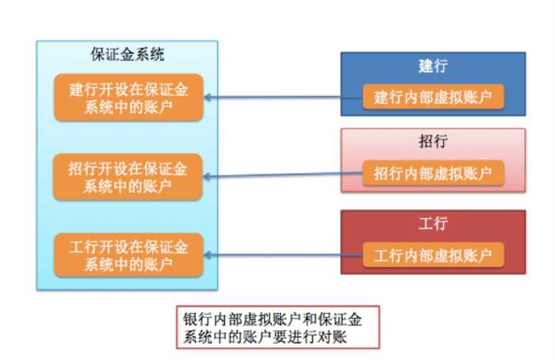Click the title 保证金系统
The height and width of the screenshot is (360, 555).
[128, 56]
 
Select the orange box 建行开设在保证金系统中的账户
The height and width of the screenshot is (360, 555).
[128, 98]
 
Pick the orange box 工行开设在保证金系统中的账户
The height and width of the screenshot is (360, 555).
[128, 255]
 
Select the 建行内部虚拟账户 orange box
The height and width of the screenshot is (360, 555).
[434, 98]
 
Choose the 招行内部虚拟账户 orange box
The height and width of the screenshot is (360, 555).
[434, 173]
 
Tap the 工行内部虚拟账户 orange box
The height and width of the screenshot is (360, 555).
[434, 254]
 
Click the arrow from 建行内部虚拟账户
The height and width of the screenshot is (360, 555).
[285, 98]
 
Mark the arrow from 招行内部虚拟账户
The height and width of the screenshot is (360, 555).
[285, 176]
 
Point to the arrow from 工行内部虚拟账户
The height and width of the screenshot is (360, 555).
[285, 254]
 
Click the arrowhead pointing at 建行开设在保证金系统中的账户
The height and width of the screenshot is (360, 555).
[210, 98]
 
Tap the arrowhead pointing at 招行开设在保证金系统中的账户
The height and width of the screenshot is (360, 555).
[210, 177]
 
